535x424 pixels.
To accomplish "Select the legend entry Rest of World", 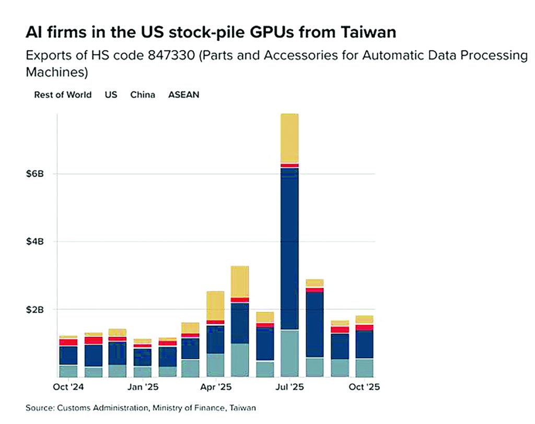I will pos(63,95).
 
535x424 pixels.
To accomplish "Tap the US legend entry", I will pos(111,95).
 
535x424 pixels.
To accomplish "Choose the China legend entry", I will pos(143,95).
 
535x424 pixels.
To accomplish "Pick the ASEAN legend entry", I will pos(183,95).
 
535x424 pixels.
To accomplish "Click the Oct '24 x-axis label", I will pos(68,387).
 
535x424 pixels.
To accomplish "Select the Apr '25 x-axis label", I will pos(216,387).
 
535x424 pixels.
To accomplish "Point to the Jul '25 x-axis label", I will pos(289,387).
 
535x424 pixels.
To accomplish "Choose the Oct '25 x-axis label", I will pos(364,387).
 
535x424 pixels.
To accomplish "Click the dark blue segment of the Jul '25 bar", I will pos(289,248).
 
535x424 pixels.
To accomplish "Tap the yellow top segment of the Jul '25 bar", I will pos(289,138).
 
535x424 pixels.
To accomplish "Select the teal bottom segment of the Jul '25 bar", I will pos(289,353).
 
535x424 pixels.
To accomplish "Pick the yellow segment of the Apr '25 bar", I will pos(215,305).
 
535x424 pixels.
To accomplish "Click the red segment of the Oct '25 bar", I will pos(364,327).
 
